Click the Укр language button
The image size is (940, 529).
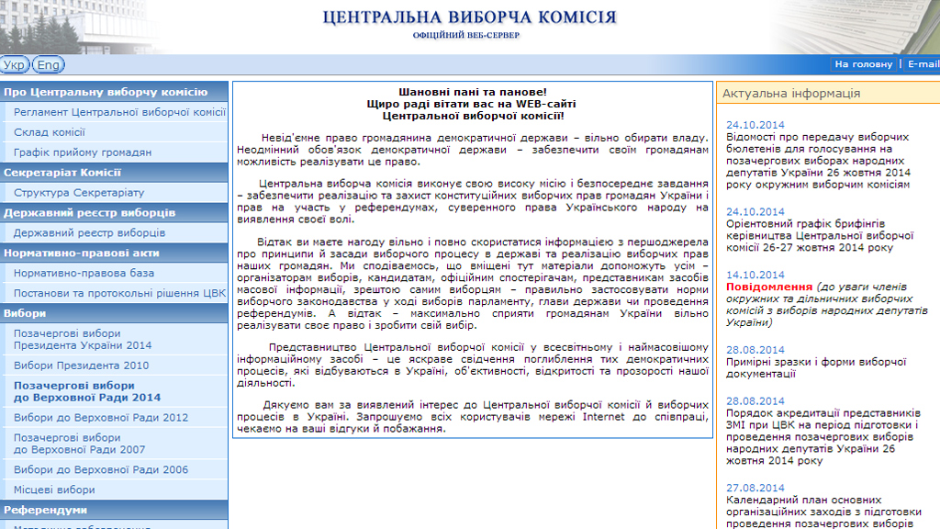[x=15, y=65]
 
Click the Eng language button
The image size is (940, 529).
[x=48, y=65]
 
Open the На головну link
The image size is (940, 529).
[x=863, y=64]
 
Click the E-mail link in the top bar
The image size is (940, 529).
[x=923, y=64]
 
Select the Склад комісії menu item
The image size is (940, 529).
[x=50, y=132]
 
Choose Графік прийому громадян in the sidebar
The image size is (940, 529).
[x=83, y=152]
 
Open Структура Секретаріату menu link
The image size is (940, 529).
[x=79, y=193]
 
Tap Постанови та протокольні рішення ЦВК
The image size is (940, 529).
[x=119, y=294]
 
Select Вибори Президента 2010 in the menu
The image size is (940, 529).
[x=81, y=366]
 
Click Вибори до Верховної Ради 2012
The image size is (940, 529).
[x=101, y=418]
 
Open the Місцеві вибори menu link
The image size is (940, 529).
[x=54, y=490]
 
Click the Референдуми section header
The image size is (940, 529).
[x=45, y=510]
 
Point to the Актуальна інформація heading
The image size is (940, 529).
[x=791, y=94]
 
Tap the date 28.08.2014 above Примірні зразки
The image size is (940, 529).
[x=755, y=350]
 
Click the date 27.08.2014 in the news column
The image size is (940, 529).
[x=755, y=488]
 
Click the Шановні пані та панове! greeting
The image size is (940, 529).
[x=472, y=92]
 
